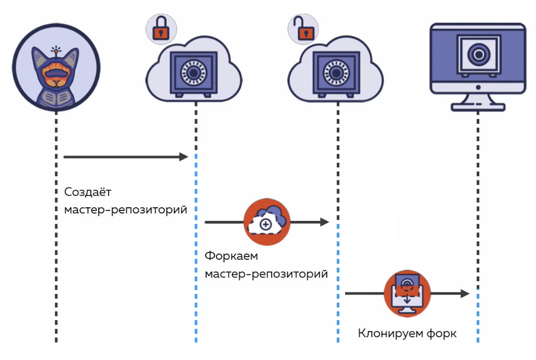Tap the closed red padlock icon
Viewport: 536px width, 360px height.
160,30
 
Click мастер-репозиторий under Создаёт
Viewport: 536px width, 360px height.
126,209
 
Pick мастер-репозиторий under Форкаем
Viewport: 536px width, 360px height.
266,274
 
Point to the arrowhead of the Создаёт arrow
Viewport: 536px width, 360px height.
184,156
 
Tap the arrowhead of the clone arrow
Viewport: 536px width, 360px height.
464,294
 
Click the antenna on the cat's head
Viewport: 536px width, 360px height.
57,51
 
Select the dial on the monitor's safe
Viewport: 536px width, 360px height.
478,54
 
